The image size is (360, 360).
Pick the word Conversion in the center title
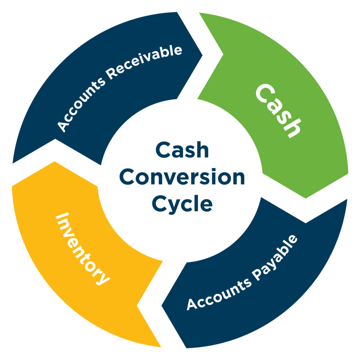[182, 177]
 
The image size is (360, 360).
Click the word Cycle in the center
[182, 203]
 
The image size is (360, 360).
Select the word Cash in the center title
[182, 151]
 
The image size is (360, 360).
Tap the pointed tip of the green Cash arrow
[305, 198]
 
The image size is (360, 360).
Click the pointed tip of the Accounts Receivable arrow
[202, 55]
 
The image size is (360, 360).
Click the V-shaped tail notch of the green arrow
[223, 54]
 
